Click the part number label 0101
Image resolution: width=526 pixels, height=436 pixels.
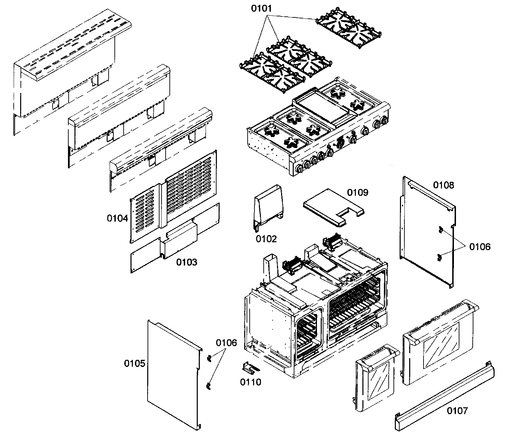[262, 9]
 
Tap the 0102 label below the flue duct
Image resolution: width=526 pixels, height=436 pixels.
[266, 239]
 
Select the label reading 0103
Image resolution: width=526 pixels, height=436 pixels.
[186, 262]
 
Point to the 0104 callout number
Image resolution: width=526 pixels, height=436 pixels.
[117, 218]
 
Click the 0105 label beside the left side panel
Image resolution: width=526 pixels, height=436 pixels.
[135, 364]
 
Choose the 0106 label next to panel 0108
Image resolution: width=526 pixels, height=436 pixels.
[480, 246]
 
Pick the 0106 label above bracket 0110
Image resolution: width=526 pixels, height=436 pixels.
[226, 343]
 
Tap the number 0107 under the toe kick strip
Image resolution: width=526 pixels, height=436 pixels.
[457, 410]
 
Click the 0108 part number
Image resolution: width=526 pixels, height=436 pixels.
[444, 185]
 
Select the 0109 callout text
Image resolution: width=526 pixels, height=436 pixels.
[358, 192]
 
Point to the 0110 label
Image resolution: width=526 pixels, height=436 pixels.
[250, 382]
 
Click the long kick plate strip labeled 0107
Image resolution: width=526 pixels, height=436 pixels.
[444, 395]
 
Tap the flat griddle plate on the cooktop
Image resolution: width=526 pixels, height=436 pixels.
[321, 108]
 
